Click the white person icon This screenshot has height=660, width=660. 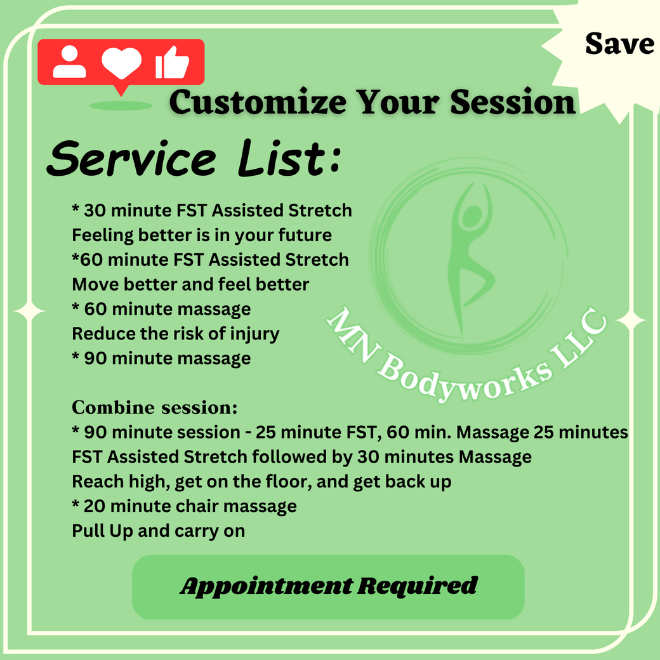(x=69, y=63)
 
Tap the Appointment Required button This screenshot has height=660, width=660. (x=328, y=586)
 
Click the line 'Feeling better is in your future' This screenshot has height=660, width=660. (x=202, y=235)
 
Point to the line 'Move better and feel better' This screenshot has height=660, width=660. (x=190, y=284)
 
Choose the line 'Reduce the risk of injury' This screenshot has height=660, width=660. (x=176, y=334)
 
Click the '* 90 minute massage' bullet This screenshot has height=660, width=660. (x=161, y=359)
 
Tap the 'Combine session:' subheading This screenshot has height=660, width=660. (x=155, y=406)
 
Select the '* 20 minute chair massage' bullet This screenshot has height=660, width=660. (x=184, y=506)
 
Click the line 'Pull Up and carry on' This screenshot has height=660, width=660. (x=158, y=531)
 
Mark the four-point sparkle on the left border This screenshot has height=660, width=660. (x=30, y=312)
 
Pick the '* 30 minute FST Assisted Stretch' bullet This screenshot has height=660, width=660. (x=212, y=210)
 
